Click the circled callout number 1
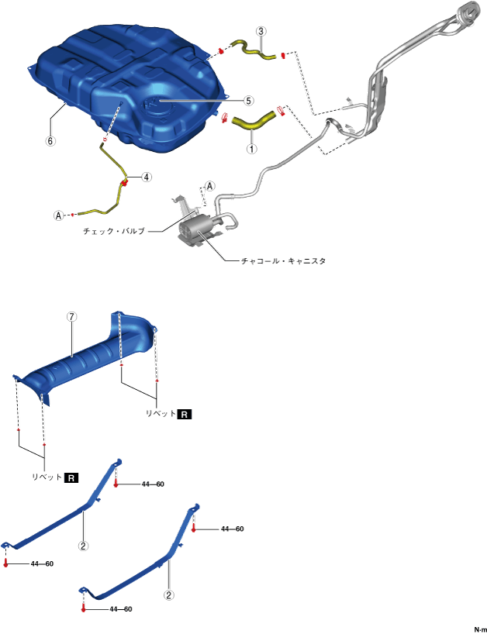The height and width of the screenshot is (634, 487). tap(251, 146)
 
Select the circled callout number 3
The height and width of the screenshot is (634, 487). tap(261, 32)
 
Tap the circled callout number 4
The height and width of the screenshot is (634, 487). tap(147, 177)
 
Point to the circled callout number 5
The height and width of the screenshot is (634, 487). tap(249, 100)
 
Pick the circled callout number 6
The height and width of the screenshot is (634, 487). tap(50, 142)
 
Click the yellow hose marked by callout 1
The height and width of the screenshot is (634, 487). tap(252, 122)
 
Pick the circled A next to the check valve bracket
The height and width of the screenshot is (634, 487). tap(209, 187)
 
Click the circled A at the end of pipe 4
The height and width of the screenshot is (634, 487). tap(57, 215)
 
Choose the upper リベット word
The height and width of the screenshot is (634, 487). tap(160, 415)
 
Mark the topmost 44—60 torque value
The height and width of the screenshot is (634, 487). tap(153, 484)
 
